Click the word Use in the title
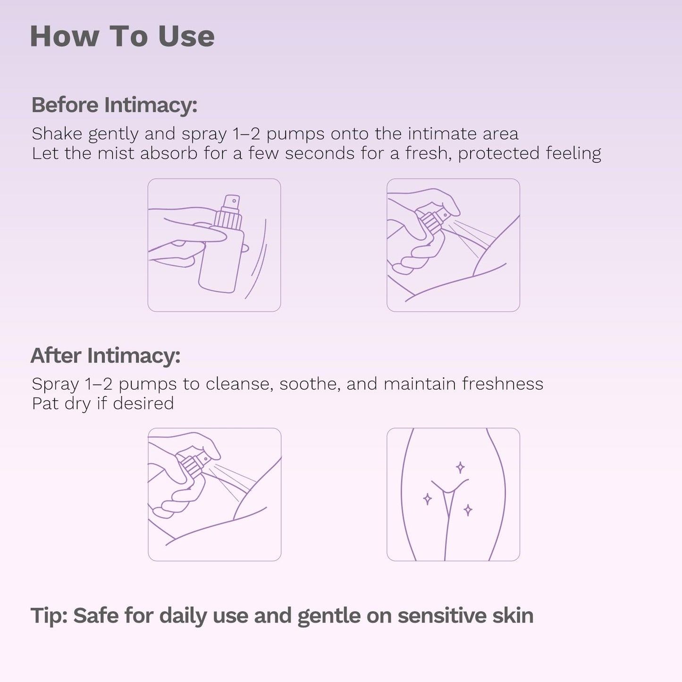click(x=186, y=36)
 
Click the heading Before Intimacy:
click(x=114, y=105)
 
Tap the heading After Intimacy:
click(x=105, y=355)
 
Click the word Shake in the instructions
click(x=57, y=134)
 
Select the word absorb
click(x=168, y=153)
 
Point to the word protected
click(x=499, y=153)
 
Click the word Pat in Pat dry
click(x=45, y=404)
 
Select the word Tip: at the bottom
click(x=49, y=616)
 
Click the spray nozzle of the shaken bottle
click(x=232, y=202)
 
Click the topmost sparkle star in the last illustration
click(x=460, y=468)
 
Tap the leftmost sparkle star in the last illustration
click(x=428, y=499)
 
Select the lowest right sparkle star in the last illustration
click(x=468, y=510)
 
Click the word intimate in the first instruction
click(x=442, y=134)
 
